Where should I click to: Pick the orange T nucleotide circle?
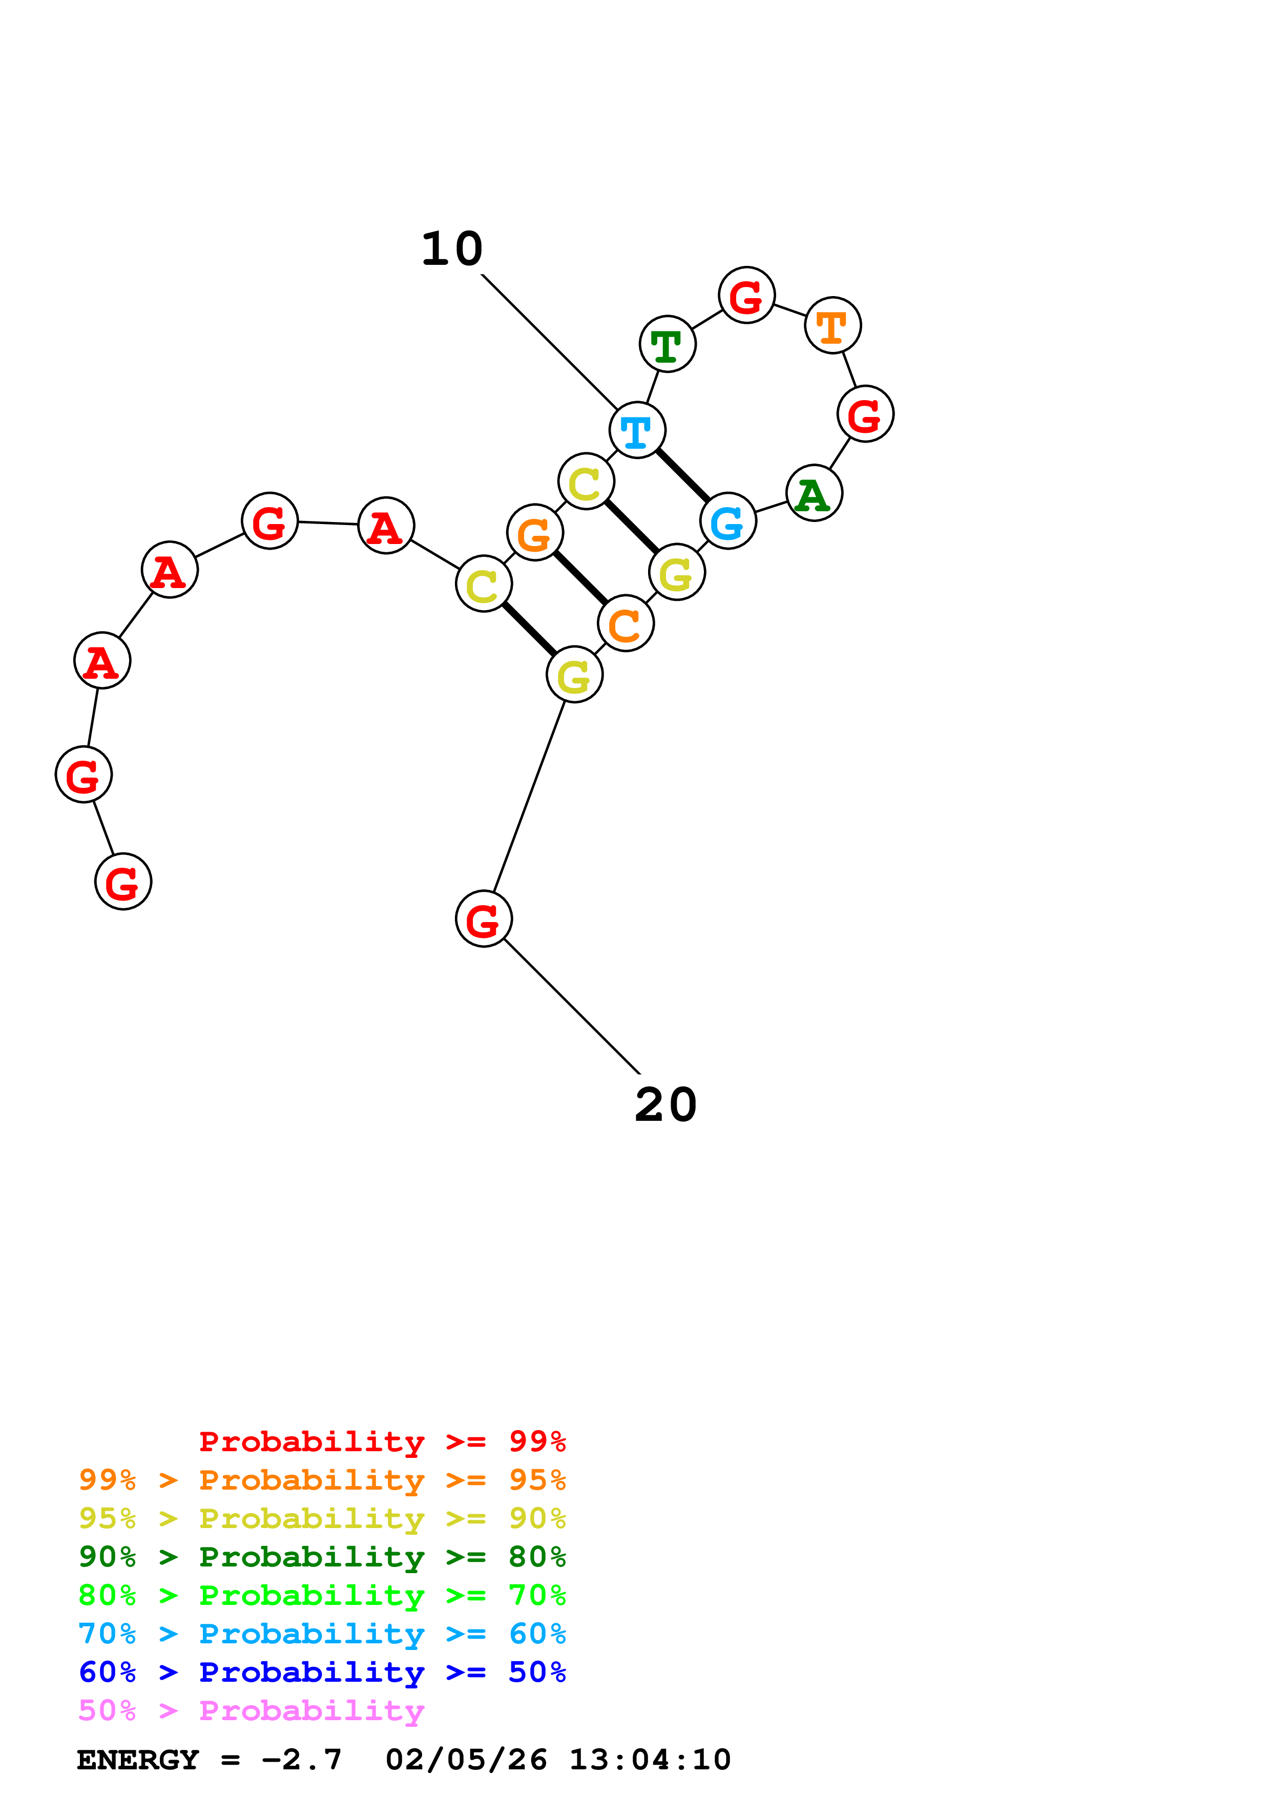click(x=832, y=326)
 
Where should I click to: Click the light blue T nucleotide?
click(x=637, y=430)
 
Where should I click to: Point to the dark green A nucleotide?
click(x=814, y=493)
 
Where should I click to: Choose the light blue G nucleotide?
click(x=727, y=521)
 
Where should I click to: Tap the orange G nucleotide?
click(x=535, y=533)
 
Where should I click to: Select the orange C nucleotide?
click(x=625, y=624)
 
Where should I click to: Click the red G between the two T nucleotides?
click(x=746, y=296)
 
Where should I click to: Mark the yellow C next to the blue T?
click(x=586, y=482)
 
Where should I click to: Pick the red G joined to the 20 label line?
click(x=484, y=919)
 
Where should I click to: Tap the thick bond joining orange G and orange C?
click(x=580, y=578)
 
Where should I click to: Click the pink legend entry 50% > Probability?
click(x=251, y=1711)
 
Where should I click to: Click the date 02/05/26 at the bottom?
click(x=466, y=1760)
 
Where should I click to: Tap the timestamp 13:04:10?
click(x=650, y=1760)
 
